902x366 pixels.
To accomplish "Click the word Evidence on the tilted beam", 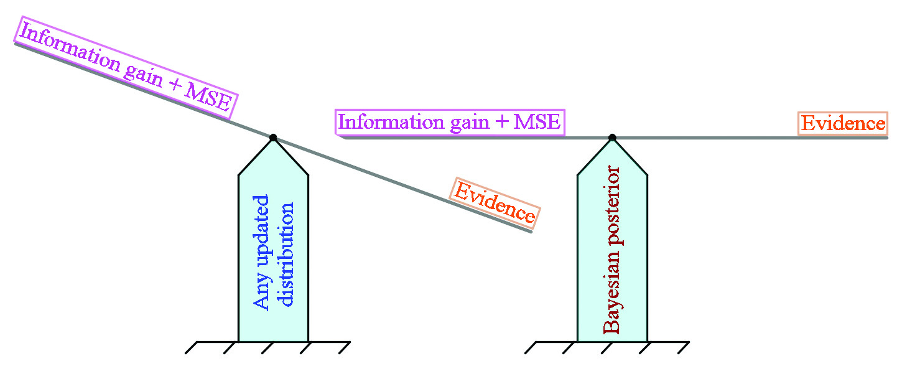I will click(495, 202).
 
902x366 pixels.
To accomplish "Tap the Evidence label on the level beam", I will click(843, 123).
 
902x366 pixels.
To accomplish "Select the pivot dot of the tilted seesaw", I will click(272, 138).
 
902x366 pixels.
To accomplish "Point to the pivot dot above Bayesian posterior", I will click(612, 138).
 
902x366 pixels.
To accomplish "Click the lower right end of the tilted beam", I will click(530, 231).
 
